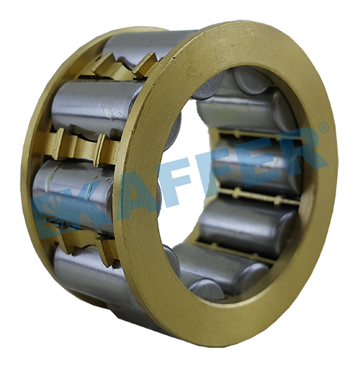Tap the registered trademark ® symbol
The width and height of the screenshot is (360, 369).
tap(324, 127)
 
